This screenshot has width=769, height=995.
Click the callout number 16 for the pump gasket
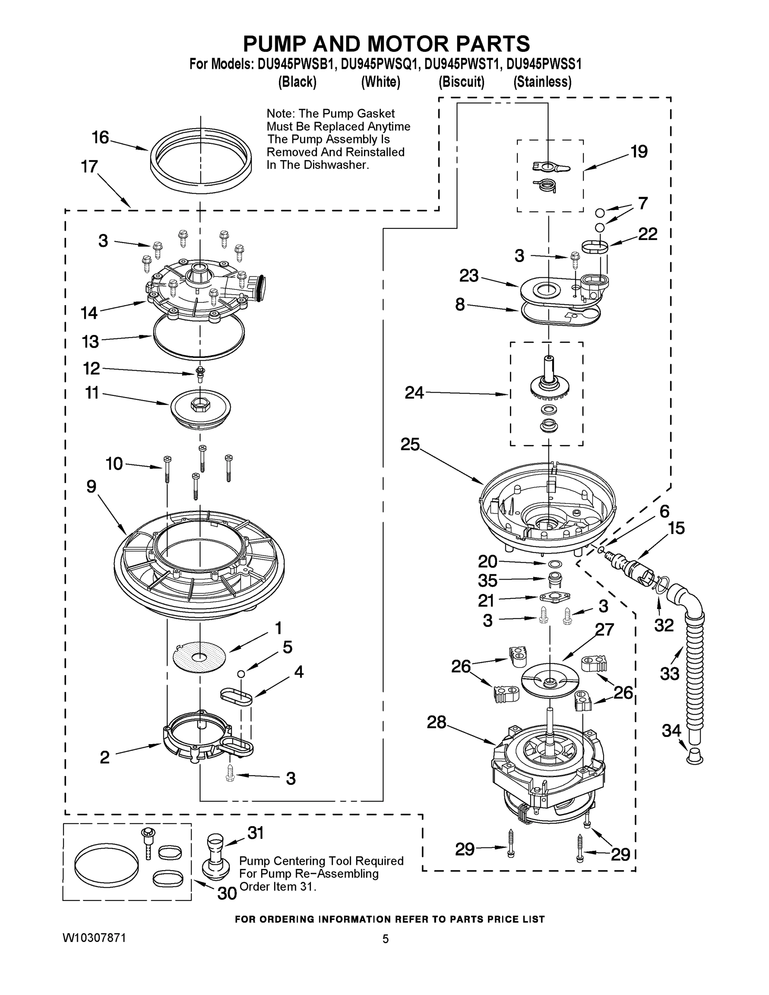point(100,137)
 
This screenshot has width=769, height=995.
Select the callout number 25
point(410,444)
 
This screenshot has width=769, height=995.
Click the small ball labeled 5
point(241,673)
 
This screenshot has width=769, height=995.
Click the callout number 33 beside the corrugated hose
point(669,673)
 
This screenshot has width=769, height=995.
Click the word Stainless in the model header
point(542,82)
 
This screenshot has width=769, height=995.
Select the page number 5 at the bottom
point(386,939)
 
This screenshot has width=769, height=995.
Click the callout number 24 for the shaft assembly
point(414,393)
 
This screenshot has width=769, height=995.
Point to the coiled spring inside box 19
point(546,185)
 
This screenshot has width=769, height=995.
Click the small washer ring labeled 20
point(550,564)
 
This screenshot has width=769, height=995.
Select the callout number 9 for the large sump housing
point(92,487)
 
